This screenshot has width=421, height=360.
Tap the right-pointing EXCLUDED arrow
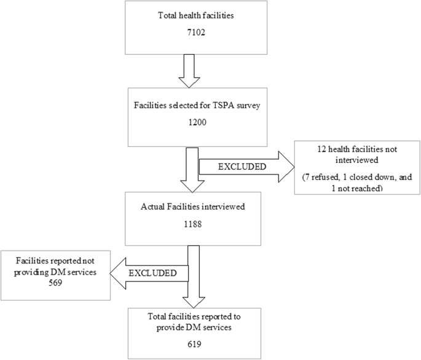click(246, 166)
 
